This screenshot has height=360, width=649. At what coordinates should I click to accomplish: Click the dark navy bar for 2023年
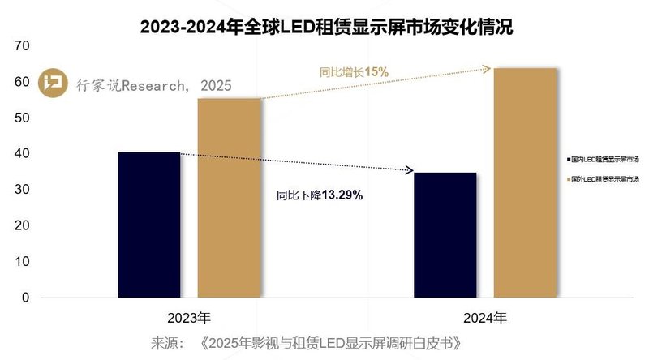click(148, 225)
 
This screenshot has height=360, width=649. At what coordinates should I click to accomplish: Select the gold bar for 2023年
click(230, 198)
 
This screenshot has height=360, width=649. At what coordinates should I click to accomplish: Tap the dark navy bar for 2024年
click(445, 235)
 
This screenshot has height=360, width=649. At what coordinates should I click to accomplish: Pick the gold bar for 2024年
click(526, 182)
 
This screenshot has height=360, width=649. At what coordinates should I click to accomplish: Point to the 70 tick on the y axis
click(22, 47)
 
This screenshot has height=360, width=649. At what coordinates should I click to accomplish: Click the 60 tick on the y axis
click(22, 83)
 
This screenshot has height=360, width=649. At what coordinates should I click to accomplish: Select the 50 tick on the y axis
click(22, 118)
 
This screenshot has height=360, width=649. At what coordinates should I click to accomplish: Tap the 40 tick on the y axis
click(22, 154)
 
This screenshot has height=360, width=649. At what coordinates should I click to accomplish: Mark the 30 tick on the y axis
click(22, 190)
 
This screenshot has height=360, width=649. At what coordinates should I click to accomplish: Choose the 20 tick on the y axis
click(22, 226)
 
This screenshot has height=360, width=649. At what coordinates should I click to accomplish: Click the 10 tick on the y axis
click(22, 262)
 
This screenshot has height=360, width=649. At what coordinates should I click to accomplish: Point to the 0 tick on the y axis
click(25, 298)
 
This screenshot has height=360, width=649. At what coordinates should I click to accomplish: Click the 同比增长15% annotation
click(354, 72)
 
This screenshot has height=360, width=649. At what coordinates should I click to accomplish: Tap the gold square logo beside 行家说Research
click(54, 83)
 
